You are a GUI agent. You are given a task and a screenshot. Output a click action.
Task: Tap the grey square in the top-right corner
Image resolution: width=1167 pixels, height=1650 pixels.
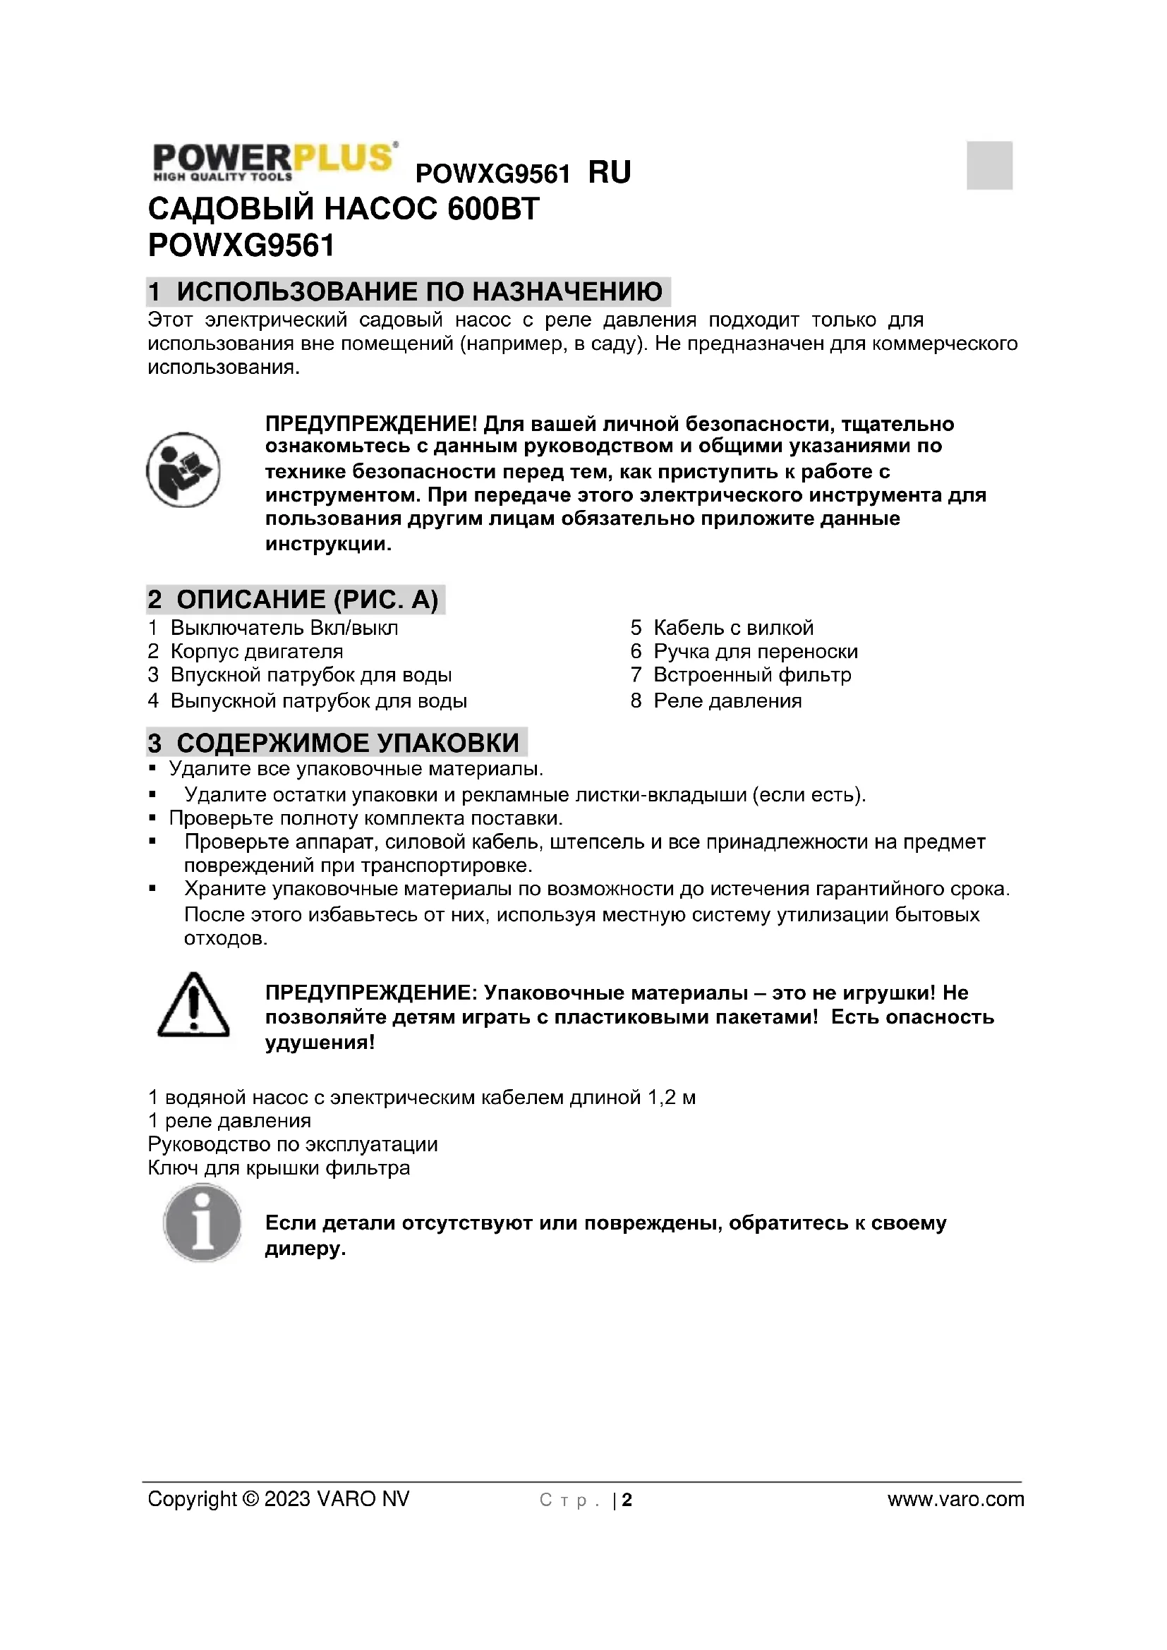pyautogui.click(x=988, y=165)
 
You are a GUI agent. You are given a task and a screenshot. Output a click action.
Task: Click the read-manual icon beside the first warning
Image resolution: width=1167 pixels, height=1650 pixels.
pyautogui.click(x=183, y=470)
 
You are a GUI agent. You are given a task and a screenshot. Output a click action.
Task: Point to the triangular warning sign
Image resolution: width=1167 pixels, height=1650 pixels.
pyautogui.click(x=193, y=1006)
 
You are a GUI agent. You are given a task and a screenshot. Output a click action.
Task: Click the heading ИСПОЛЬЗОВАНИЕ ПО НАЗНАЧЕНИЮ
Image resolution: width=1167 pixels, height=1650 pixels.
pyautogui.click(x=419, y=292)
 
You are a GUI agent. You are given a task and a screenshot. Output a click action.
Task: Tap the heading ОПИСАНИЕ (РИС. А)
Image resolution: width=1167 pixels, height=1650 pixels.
pyautogui.click(x=307, y=600)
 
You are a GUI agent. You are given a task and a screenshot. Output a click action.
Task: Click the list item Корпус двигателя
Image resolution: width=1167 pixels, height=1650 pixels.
pyautogui.click(x=257, y=651)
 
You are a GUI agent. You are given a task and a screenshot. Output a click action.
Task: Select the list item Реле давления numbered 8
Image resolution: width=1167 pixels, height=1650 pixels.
pyautogui.click(x=727, y=700)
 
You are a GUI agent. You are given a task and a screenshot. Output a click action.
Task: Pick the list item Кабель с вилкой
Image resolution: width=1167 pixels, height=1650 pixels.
pyautogui.click(x=733, y=627)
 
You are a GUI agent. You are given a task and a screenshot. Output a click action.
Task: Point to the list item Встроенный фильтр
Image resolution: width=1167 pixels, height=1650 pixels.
pyautogui.click(x=751, y=675)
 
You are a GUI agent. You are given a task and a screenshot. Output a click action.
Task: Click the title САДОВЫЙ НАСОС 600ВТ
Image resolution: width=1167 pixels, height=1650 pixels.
pyautogui.click(x=344, y=209)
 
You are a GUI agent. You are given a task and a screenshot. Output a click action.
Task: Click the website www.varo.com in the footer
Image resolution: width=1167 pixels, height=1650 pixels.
pyautogui.click(x=956, y=1499)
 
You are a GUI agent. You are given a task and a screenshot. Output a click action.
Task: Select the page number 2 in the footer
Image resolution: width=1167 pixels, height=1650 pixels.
pyautogui.click(x=627, y=1500)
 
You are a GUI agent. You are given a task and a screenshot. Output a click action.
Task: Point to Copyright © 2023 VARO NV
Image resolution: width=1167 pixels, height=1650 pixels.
pyautogui.click(x=278, y=1499)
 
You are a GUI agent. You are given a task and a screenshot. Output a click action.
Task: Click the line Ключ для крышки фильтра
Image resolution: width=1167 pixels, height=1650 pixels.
pyautogui.click(x=279, y=1167)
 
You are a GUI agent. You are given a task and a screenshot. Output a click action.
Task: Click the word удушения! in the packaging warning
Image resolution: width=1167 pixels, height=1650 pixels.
pyautogui.click(x=320, y=1042)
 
